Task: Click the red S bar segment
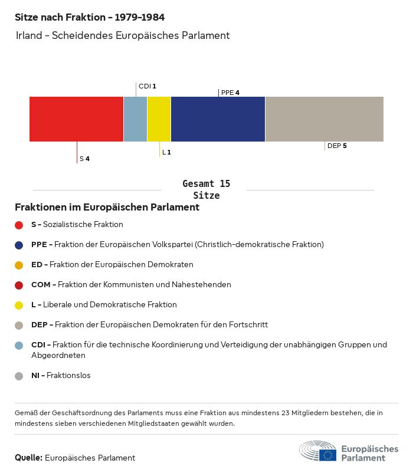(76, 119)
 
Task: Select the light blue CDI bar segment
(135, 119)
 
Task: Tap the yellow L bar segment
(159, 119)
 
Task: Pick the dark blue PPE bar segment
(218, 119)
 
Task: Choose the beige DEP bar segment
(324, 119)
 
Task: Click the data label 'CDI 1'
(147, 86)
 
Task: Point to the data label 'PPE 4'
(230, 93)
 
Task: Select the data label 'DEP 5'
(337, 146)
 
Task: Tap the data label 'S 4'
(84, 159)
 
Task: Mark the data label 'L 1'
(166, 153)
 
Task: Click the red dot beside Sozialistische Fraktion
(19, 225)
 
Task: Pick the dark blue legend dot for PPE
(19, 245)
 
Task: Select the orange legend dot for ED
(19, 265)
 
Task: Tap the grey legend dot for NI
(19, 376)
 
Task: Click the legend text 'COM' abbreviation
(41, 285)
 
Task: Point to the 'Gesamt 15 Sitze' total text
(206, 189)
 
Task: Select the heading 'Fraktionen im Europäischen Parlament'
(107, 208)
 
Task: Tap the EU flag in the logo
(327, 455)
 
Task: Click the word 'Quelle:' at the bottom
(28, 458)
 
